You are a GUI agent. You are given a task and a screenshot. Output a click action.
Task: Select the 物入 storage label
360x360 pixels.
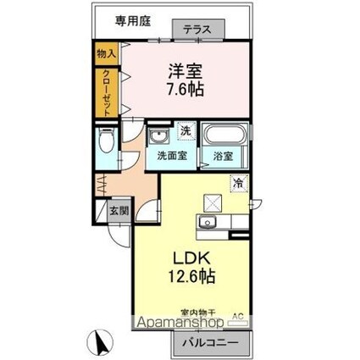click(x=106, y=54)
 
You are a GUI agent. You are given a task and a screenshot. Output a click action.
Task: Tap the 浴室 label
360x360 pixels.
click(x=223, y=158)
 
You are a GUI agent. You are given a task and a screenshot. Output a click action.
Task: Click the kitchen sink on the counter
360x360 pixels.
click(x=208, y=223)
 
